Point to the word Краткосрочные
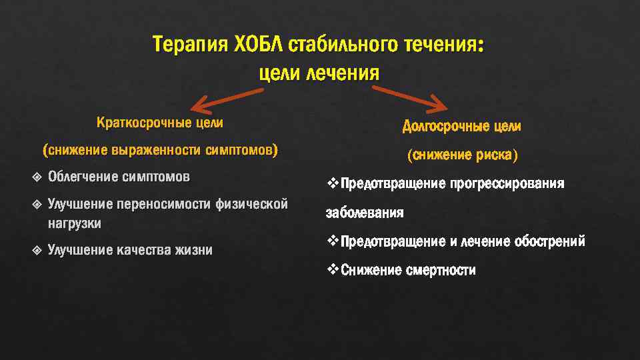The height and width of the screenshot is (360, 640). [x=142, y=123]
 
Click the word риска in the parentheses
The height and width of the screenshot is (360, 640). [x=495, y=155]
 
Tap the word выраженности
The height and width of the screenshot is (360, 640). [x=156, y=151]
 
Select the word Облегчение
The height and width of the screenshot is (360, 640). [x=83, y=177]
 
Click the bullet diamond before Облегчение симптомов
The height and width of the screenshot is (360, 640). [x=35, y=177]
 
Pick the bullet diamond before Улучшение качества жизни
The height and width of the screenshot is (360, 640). [x=35, y=250]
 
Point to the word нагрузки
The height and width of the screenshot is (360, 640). [x=75, y=224]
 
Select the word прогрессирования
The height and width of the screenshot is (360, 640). [x=507, y=183]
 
